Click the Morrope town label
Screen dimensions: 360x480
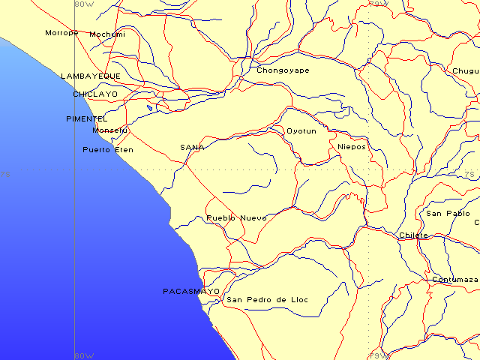(x=61, y=33)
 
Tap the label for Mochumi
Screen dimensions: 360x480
(x=107, y=34)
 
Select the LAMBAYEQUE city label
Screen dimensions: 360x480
(x=90, y=76)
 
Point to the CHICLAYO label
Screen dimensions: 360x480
(x=95, y=94)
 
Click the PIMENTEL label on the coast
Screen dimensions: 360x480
(x=87, y=119)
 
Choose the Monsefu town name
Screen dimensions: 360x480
(x=109, y=130)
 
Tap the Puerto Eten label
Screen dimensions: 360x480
(x=107, y=150)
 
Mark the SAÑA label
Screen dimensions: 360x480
(x=192, y=147)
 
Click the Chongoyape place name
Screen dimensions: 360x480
(x=283, y=70)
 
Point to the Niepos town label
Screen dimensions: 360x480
(x=352, y=147)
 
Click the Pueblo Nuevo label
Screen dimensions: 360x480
(x=236, y=218)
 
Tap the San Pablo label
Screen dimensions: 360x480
(x=448, y=214)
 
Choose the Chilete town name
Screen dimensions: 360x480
(x=413, y=235)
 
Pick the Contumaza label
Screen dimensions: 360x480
(x=454, y=280)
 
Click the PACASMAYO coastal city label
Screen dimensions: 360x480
(x=191, y=291)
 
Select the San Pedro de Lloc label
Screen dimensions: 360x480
(x=267, y=300)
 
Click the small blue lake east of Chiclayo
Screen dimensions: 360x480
(x=150, y=108)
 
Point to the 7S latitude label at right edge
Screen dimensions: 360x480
(x=469, y=175)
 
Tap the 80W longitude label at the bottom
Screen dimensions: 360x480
(x=85, y=355)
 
